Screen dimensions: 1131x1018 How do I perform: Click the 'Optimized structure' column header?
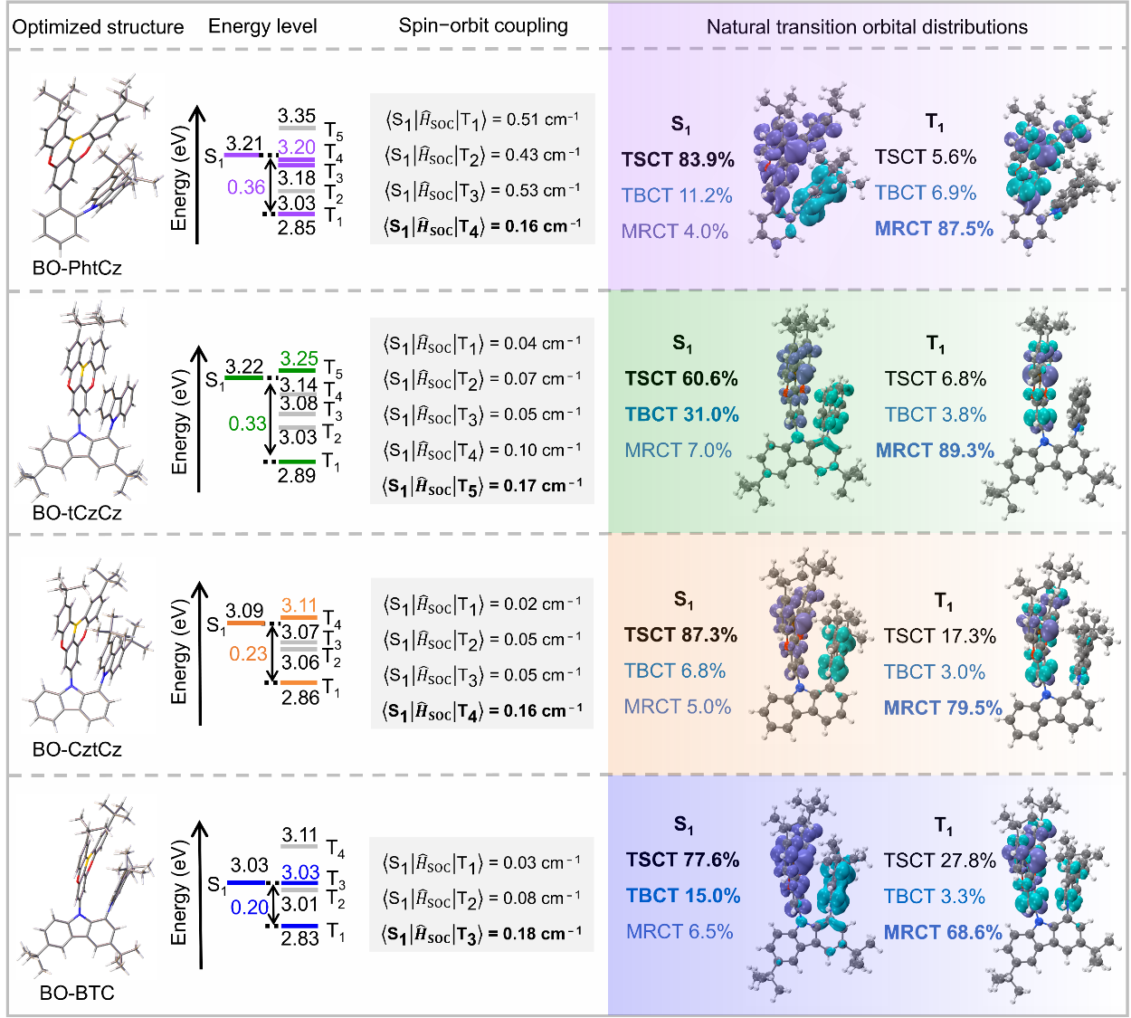click(x=98, y=27)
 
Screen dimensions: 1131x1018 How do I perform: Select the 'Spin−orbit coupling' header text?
click(x=483, y=26)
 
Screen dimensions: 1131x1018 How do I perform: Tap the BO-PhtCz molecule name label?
click(x=77, y=267)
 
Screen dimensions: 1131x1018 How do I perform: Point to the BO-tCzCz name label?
click(x=77, y=513)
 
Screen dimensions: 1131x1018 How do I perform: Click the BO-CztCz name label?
click(x=77, y=749)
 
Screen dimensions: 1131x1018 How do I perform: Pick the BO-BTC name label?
click(x=77, y=993)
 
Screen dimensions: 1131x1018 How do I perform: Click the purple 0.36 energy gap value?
click(x=246, y=187)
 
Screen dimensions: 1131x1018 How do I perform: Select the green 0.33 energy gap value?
click(x=247, y=423)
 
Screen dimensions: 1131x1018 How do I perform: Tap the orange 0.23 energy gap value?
click(x=248, y=653)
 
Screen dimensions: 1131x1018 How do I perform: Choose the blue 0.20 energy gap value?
click(x=249, y=908)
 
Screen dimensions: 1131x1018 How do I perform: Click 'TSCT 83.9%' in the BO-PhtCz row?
click(x=679, y=159)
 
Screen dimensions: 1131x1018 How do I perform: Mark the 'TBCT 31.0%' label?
click(x=682, y=414)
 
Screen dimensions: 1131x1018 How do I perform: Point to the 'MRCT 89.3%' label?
click(x=935, y=451)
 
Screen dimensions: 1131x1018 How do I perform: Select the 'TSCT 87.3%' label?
click(x=681, y=635)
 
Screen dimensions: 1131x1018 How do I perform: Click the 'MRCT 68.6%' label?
click(x=943, y=932)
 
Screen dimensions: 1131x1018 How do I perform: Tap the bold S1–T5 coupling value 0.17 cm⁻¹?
click(x=542, y=486)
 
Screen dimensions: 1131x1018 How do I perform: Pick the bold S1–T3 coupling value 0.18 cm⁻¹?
click(x=542, y=934)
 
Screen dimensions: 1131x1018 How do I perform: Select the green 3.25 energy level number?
click(x=299, y=358)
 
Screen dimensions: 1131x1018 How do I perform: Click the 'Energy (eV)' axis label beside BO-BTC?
click(x=179, y=892)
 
